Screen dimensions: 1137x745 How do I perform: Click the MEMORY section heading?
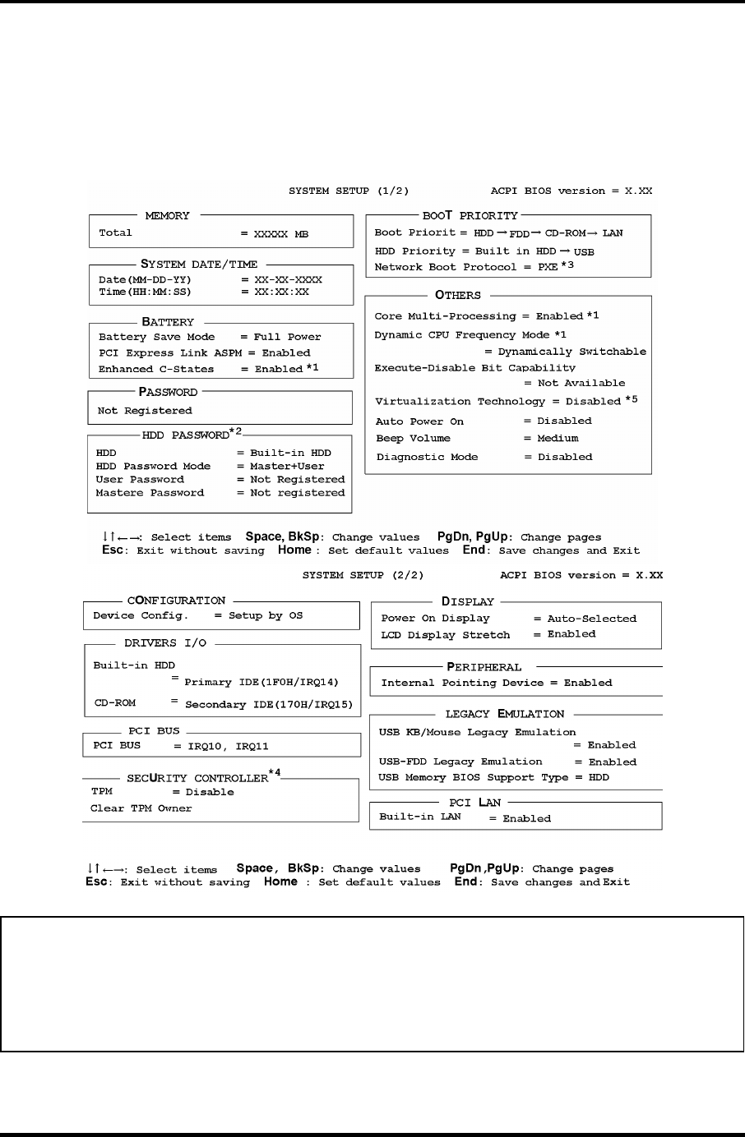(x=167, y=216)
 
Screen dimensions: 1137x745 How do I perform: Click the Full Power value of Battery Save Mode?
(x=287, y=337)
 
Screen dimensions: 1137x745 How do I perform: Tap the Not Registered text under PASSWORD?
(x=145, y=411)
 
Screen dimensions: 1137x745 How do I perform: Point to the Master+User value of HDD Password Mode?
(x=287, y=467)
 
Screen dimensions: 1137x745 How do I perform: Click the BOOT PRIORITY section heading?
(x=470, y=216)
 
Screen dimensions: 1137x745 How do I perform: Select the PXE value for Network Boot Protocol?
(x=548, y=267)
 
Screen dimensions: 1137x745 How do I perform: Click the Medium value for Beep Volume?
(x=558, y=439)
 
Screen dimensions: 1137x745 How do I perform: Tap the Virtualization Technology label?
(x=460, y=402)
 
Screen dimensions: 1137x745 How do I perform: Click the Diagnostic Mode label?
(x=427, y=457)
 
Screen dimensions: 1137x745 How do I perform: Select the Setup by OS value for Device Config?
(x=266, y=615)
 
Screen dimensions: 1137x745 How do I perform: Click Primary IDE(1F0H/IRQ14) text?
(x=261, y=682)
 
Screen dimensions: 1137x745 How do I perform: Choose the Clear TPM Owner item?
(x=141, y=808)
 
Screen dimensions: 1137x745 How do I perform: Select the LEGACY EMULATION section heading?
(x=505, y=714)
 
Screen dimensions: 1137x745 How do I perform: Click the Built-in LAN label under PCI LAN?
(x=419, y=817)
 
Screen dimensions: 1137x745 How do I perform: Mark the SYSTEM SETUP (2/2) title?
(x=363, y=575)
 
